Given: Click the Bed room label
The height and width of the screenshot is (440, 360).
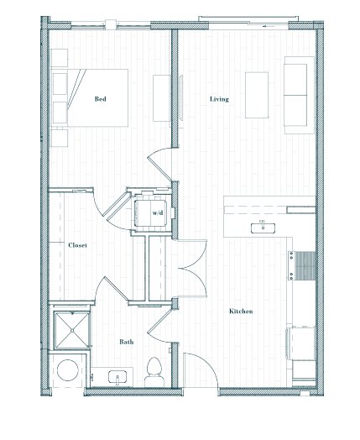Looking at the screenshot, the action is (x=101, y=99).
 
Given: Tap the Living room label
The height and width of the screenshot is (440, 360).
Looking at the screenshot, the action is (x=219, y=99).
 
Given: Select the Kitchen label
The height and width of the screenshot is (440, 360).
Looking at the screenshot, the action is (x=241, y=312).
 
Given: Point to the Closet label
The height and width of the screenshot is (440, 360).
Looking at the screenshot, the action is (x=78, y=245).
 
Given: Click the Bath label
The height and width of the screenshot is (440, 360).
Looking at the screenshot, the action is (x=127, y=342).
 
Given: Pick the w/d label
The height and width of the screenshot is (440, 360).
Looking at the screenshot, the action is (x=158, y=212).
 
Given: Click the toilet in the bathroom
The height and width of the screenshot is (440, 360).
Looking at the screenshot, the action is (x=154, y=372).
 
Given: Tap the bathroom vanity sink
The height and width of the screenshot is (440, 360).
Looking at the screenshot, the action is (x=117, y=377).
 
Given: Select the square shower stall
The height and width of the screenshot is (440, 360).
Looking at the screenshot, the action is (x=72, y=330).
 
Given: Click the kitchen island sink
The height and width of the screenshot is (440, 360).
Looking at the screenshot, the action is (x=263, y=228).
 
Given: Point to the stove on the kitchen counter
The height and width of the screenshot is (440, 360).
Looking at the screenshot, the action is (x=302, y=265).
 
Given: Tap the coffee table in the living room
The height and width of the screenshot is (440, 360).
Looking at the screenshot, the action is (x=257, y=95).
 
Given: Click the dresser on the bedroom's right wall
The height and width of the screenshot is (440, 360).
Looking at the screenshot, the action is (x=162, y=98).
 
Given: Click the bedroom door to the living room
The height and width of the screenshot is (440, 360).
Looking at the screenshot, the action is (x=159, y=164).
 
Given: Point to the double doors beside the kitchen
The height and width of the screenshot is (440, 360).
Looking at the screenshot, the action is (x=192, y=268).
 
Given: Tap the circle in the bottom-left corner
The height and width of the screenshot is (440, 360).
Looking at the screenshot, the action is (x=68, y=370).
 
